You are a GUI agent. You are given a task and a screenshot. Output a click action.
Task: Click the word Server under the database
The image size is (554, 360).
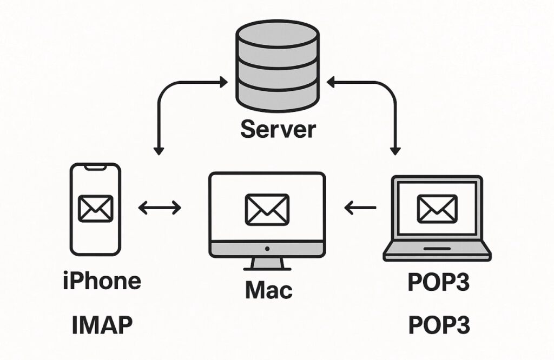278,129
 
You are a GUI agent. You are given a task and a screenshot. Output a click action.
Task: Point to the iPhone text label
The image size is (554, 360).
102,281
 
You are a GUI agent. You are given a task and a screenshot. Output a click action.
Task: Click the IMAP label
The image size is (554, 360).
102,325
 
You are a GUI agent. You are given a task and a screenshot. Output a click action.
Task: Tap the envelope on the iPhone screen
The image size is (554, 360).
96,208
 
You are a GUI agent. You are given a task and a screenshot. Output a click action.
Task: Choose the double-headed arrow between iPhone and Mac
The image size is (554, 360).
160,207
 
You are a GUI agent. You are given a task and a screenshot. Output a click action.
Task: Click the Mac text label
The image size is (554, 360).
269,290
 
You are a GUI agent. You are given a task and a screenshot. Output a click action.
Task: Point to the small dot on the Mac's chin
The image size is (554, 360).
267,249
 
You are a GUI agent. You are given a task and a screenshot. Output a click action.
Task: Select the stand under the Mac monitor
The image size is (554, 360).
267,264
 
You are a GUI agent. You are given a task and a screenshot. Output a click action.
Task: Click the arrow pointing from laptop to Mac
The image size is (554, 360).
360,206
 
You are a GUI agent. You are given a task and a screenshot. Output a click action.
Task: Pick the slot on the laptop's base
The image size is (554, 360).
437,249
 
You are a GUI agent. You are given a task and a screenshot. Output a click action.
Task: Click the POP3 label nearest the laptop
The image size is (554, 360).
438,282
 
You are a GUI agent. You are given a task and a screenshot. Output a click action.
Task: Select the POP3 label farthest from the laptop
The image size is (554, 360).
438,325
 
